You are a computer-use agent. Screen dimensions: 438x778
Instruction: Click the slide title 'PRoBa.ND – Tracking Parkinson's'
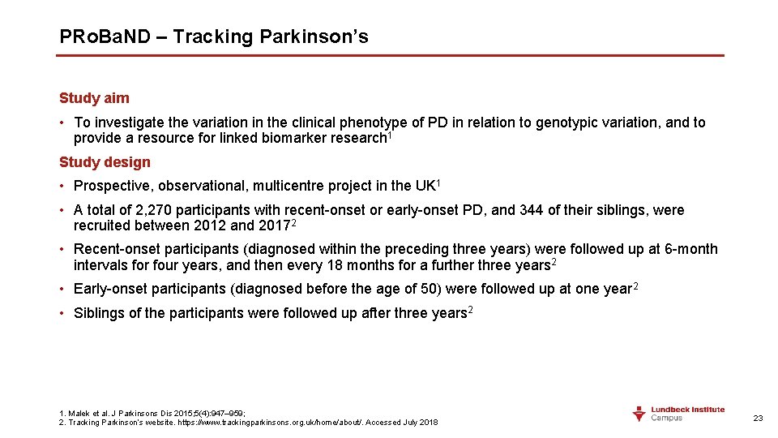[x=214, y=36]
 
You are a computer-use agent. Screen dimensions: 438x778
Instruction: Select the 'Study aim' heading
[x=94, y=98]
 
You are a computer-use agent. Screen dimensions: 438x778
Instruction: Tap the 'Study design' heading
[x=105, y=162]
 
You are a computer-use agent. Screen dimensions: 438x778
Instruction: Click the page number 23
[x=758, y=418]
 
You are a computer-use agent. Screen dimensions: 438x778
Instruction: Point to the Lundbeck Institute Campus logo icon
[x=640, y=414]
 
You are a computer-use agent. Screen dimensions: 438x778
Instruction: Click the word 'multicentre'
[x=283, y=186]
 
